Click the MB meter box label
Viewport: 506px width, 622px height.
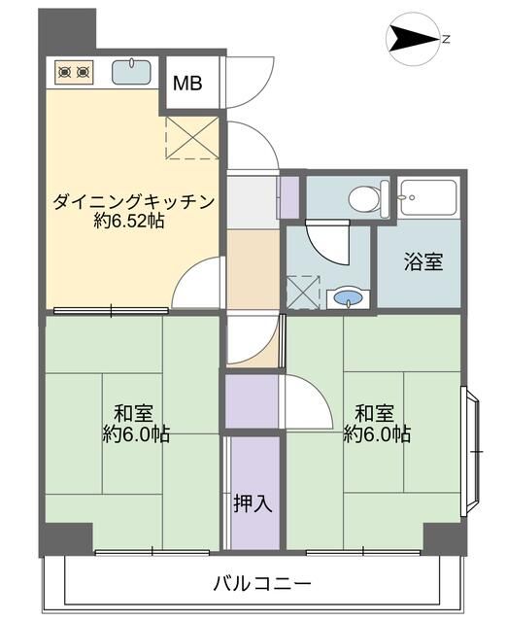187,83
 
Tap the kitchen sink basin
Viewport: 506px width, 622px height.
131,72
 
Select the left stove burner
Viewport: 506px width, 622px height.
64,72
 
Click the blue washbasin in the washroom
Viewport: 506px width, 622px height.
348,297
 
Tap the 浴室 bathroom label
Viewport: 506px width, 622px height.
423,261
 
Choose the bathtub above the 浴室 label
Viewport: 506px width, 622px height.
428,197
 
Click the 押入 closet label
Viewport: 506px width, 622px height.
253,503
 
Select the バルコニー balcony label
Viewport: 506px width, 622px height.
262,583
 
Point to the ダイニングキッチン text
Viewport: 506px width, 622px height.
134,201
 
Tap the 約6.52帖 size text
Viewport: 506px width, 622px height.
129,221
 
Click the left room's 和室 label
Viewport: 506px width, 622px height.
133,413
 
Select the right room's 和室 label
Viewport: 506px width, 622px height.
374,413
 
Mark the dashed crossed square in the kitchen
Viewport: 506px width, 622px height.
192,137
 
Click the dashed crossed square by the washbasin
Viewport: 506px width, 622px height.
303,293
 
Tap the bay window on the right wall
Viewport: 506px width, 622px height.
471,451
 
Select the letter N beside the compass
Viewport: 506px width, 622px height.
446,39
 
